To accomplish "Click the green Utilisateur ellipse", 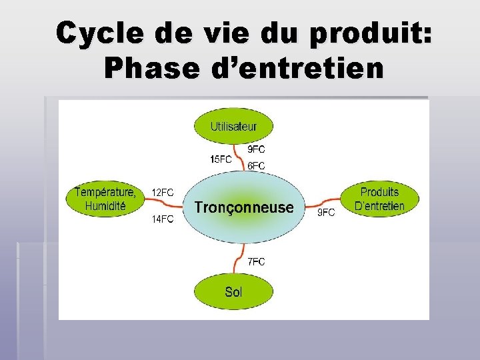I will pyautogui.click(x=233, y=126).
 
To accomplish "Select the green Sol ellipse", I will pyautogui.click(x=233, y=291).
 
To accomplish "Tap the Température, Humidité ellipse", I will pyautogui.click(x=105, y=199).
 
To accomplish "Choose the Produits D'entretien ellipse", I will pyautogui.click(x=379, y=199).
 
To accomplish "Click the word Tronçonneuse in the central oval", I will pyautogui.click(x=243, y=207).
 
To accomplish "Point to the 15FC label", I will pyautogui.click(x=221, y=159).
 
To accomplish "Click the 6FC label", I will pyautogui.click(x=257, y=165).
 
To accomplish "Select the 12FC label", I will pyautogui.click(x=163, y=192).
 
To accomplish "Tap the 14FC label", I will pyautogui.click(x=163, y=219).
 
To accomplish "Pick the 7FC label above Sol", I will pyautogui.click(x=256, y=262).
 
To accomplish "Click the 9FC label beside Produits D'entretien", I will pyautogui.click(x=325, y=213).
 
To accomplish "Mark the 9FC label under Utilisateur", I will pyautogui.click(x=257, y=149).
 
